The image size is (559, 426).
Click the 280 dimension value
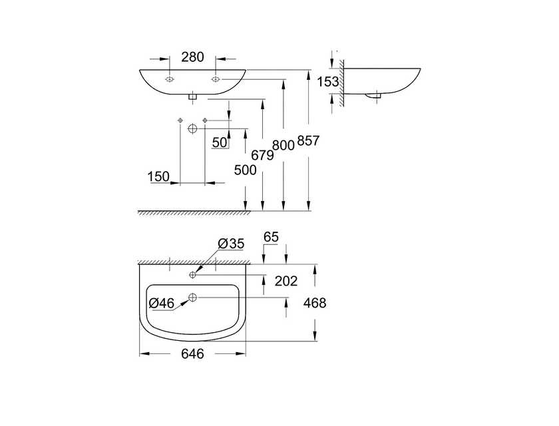click(x=192, y=57)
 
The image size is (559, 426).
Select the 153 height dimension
click(x=328, y=82)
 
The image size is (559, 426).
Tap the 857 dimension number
click(x=308, y=141)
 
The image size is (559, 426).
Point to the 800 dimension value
click(x=283, y=146)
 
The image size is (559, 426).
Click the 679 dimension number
click(x=262, y=156)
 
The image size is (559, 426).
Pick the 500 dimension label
click(x=246, y=170)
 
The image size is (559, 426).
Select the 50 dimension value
click(x=220, y=142)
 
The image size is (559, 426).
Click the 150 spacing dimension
click(x=158, y=176)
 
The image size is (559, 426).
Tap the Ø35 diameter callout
click(x=231, y=244)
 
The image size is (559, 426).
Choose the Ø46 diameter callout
click(x=162, y=304)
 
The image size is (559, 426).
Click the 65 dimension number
click(x=271, y=237)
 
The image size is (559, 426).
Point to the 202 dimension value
click(x=286, y=282)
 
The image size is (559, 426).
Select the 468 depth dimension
click(x=315, y=304)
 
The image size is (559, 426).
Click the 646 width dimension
click(x=192, y=353)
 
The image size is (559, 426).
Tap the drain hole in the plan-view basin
click(x=193, y=297)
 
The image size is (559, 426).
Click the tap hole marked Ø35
click(x=193, y=275)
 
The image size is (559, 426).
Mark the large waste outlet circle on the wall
click(x=192, y=128)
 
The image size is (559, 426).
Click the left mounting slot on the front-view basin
click(x=169, y=79)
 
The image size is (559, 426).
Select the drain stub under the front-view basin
click(x=193, y=97)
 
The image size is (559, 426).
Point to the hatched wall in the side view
click(x=341, y=83)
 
